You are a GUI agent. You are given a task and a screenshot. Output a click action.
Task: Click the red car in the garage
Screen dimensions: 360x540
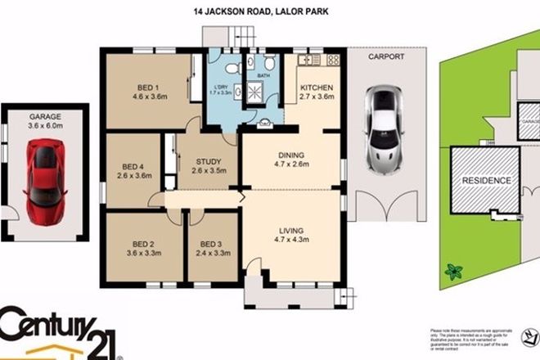coord(46,181)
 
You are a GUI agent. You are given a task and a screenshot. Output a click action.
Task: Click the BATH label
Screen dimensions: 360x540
coord(263,76)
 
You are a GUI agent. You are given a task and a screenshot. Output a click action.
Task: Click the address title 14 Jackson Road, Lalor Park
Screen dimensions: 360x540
coord(269,11)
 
